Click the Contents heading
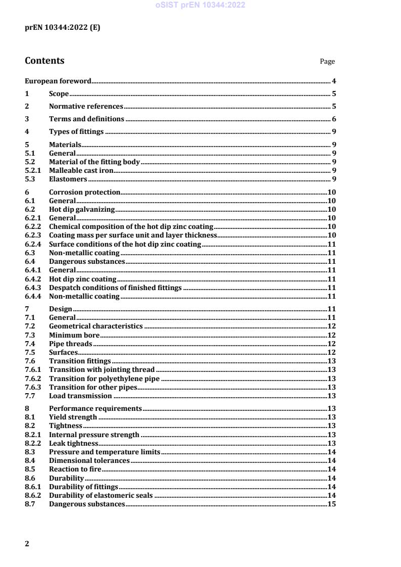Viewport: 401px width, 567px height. tap(44, 61)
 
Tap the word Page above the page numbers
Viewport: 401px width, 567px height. tap(327, 62)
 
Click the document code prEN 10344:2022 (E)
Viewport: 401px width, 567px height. tap(62, 28)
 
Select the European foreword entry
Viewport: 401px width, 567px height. tap(58, 81)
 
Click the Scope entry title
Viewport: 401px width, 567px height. tap(59, 93)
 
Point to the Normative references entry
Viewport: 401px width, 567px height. tap(86, 106)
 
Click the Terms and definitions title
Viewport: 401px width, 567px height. tap(86, 119)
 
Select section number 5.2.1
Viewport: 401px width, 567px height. tap(33, 170)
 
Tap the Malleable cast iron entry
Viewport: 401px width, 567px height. tap(81, 170)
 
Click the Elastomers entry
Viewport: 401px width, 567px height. tap(68, 179)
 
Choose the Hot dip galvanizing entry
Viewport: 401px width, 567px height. tap(82, 209)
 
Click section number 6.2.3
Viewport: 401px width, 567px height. tap(33, 235)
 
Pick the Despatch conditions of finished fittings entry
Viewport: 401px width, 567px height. tap(115, 288)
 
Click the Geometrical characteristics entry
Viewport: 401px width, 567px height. tap(96, 326)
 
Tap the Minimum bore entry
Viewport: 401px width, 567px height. tap(74, 335)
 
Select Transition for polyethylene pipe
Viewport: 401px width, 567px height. tap(104, 378)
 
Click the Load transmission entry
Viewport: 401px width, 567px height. tap(80, 395)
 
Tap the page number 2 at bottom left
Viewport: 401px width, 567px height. tap(27, 544)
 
